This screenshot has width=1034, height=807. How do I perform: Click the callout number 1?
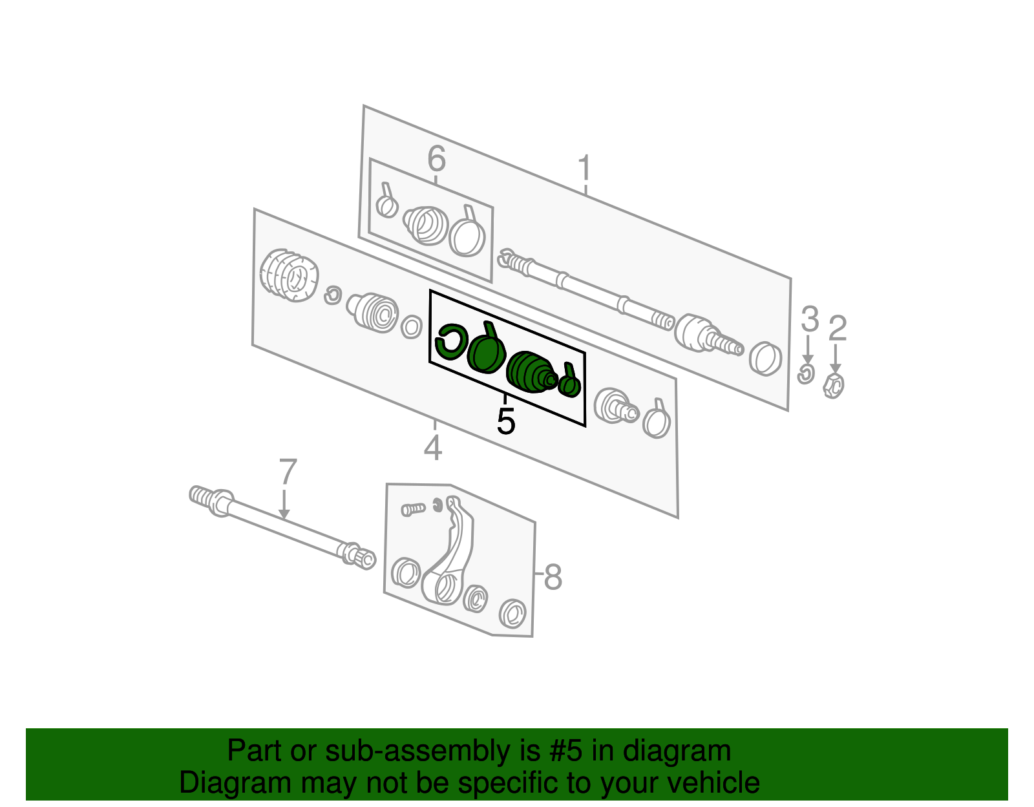584,168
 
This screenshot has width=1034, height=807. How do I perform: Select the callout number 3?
809,319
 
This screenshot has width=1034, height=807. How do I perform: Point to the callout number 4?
433,448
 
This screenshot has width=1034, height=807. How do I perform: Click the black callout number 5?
506,422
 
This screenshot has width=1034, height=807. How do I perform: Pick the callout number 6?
437,159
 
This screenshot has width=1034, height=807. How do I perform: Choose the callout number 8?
553,576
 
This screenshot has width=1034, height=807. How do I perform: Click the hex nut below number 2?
834,384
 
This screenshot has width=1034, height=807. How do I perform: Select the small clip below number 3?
806,373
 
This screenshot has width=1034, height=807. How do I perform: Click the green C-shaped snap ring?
451,341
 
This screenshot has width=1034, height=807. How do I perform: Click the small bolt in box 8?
412,509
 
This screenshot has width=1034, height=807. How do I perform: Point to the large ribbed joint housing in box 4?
289,276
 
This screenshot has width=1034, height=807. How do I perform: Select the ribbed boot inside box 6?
427,225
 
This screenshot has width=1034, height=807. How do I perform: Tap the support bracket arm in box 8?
452,556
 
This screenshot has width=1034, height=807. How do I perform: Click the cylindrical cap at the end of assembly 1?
766,358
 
